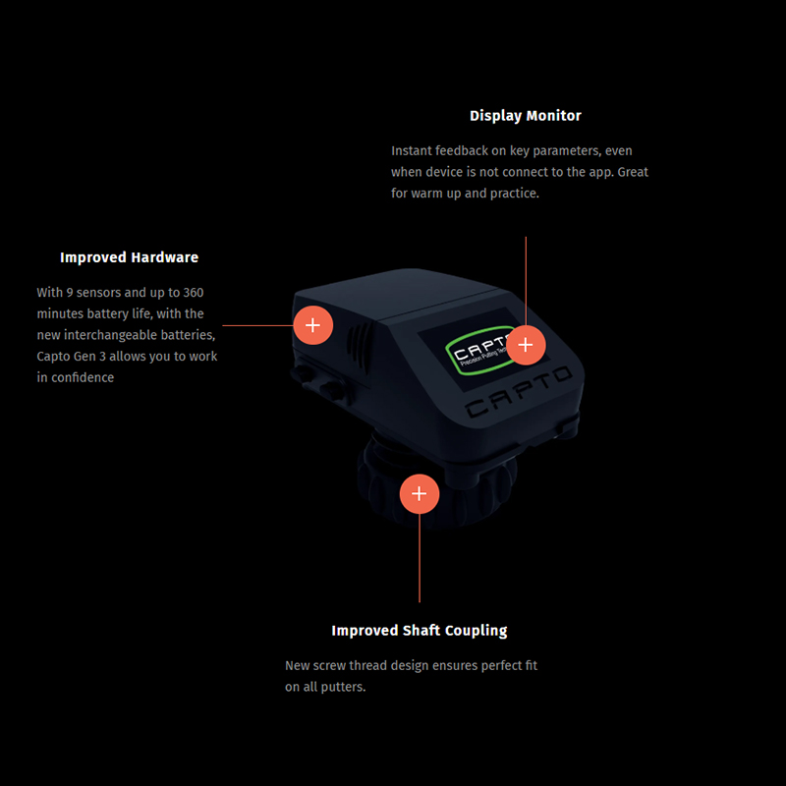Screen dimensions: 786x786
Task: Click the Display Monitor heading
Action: [526, 116]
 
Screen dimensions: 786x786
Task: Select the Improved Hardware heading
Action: [130, 257]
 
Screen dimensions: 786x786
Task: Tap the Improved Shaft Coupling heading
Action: [420, 631]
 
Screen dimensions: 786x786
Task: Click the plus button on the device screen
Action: [526, 345]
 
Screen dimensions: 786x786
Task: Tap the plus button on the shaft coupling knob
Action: [420, 494]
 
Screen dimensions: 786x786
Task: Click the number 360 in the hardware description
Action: [193, 292]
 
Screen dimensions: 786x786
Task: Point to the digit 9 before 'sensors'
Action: [70, 292]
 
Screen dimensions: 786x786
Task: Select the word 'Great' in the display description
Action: [633, 172]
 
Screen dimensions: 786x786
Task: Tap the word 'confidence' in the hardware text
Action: [83, 377]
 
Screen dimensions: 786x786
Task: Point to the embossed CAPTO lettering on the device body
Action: [519, 392]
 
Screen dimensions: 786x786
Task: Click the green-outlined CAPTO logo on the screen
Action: [477, 351]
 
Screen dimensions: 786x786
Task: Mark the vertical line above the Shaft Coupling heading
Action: [420, 558]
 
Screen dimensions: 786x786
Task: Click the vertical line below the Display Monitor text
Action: [526, 281]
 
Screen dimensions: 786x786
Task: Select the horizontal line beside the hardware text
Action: [257, 325]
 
